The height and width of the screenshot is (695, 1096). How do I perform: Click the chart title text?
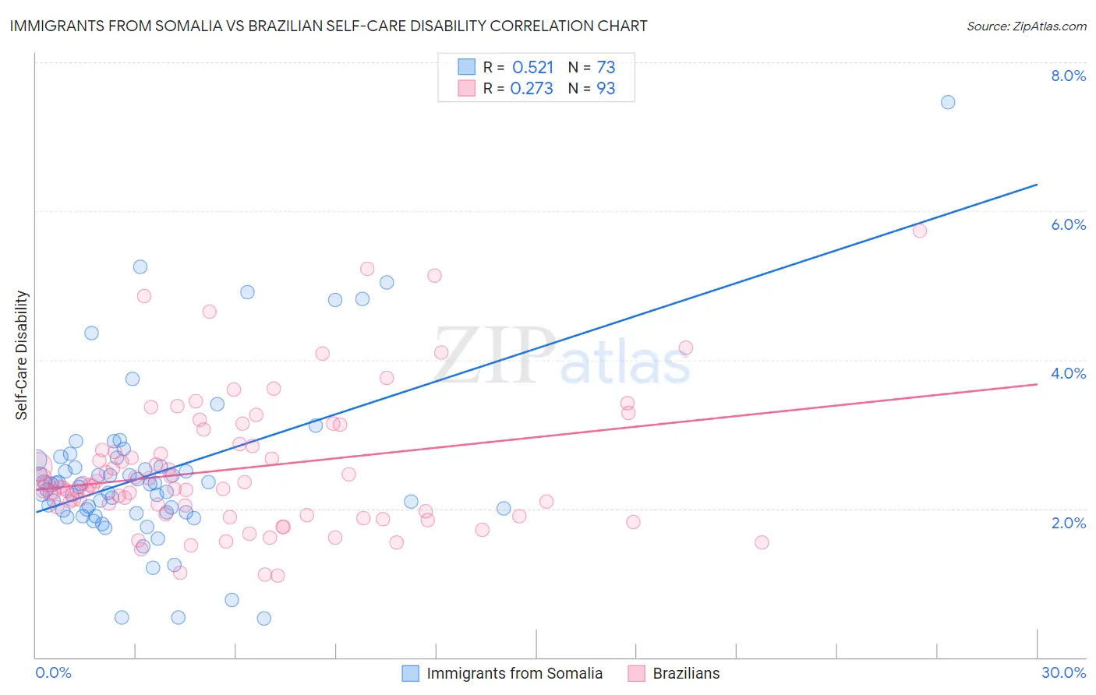328,26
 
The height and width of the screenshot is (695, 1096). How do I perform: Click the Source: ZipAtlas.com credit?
1026,26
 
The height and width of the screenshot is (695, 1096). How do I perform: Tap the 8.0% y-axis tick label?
1068,76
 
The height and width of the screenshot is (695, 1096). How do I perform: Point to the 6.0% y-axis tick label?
1068,224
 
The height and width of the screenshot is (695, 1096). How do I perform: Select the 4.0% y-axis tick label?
1068,373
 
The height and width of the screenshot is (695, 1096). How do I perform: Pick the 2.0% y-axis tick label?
1068,523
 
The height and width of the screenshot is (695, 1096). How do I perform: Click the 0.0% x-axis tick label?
53,672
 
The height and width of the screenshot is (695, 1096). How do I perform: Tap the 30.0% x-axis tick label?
1063,672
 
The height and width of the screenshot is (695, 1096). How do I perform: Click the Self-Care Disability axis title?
22,355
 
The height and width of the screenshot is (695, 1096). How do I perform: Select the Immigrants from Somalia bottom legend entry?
514,673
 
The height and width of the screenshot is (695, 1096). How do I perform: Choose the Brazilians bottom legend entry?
686,673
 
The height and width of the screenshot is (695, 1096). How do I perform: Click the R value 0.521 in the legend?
532,67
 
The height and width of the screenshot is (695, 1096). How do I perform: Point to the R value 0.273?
532,88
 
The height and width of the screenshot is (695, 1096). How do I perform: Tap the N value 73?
606,67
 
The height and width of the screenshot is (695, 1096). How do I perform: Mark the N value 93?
606,88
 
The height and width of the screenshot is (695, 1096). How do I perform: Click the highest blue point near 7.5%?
948,102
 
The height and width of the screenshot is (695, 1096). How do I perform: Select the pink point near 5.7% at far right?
920,230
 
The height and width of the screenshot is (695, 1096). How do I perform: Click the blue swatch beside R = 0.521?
466,66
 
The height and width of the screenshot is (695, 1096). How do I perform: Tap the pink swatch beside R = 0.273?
466,88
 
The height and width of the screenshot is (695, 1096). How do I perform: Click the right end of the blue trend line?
1037,185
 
